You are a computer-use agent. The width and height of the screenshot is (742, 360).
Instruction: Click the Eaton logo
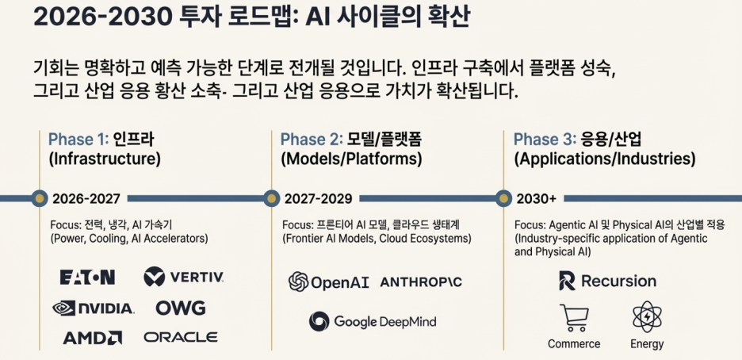[x=87, y=278]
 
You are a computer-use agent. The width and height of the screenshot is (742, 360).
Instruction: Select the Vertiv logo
[x=184, y=278]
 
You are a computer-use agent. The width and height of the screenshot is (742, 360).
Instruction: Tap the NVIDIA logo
[x=93, y=308]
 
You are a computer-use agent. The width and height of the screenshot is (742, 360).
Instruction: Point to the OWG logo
[x=180, y=308]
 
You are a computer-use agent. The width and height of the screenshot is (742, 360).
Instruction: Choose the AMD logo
[x=93, y=337]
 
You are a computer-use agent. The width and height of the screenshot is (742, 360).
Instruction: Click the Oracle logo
[x=181, y=337]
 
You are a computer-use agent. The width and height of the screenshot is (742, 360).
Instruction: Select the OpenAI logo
[x=329, y=281]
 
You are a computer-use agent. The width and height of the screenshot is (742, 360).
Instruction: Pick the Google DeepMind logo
[x=373, y=321]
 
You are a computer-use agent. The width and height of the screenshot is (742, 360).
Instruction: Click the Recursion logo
[x=607, y=281]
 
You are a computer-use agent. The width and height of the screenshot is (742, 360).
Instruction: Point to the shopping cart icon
[x=574, y=318]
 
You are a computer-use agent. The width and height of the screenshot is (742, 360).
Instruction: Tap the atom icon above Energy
[x=648, y=317]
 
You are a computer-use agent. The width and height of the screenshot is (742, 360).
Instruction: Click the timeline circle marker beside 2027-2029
[x=271, y=197]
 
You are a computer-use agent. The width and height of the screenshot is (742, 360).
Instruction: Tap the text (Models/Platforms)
[x=351, y=159]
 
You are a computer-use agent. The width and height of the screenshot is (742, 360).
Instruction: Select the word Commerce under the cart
[x=574, y=344]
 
